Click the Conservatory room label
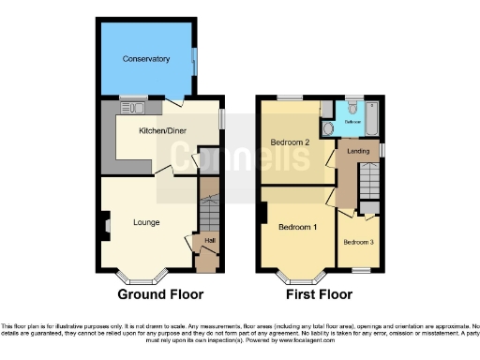146,59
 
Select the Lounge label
145,222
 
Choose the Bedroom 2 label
290,142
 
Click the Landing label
357,151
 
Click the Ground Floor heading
160,294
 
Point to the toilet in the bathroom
352,107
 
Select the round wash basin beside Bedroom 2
328,128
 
